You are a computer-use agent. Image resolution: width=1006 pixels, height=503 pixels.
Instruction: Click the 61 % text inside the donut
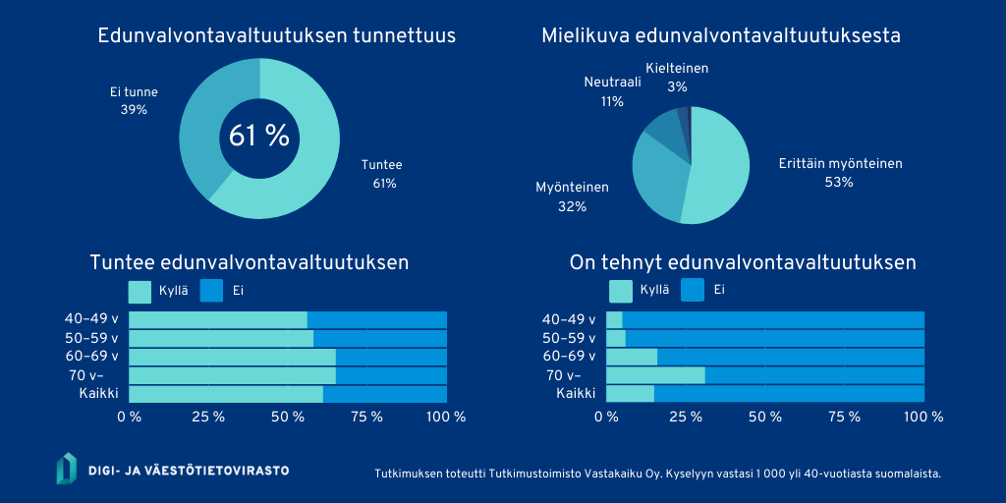259,137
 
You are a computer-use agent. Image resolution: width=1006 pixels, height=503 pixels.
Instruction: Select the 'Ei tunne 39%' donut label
134,101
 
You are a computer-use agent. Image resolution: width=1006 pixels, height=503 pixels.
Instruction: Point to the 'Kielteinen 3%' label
677,78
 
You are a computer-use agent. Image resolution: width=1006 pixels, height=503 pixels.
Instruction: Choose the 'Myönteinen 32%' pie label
572,196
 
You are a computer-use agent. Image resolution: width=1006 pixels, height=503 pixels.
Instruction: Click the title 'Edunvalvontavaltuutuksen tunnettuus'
276,36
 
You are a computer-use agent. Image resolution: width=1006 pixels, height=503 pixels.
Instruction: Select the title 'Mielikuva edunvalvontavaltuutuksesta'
721,36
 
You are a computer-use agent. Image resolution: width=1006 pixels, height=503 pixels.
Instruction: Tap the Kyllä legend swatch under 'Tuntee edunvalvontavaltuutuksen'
140,291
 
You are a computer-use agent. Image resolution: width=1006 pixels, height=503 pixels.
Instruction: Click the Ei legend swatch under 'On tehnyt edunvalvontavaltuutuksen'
693,290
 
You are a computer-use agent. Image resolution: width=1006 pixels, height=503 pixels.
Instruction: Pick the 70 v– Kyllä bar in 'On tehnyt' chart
655,375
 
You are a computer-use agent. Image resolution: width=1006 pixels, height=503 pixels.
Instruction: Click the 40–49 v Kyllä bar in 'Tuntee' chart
217,319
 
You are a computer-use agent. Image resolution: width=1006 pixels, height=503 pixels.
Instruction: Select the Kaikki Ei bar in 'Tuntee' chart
384,394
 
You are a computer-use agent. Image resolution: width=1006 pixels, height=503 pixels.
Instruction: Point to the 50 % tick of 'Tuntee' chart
288,417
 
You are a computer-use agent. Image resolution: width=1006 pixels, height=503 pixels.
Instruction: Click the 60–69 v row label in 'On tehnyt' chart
569,356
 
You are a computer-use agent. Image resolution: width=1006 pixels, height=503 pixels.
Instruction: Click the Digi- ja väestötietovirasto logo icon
66,469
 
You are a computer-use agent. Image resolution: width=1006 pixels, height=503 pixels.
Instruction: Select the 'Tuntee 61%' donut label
381,174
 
